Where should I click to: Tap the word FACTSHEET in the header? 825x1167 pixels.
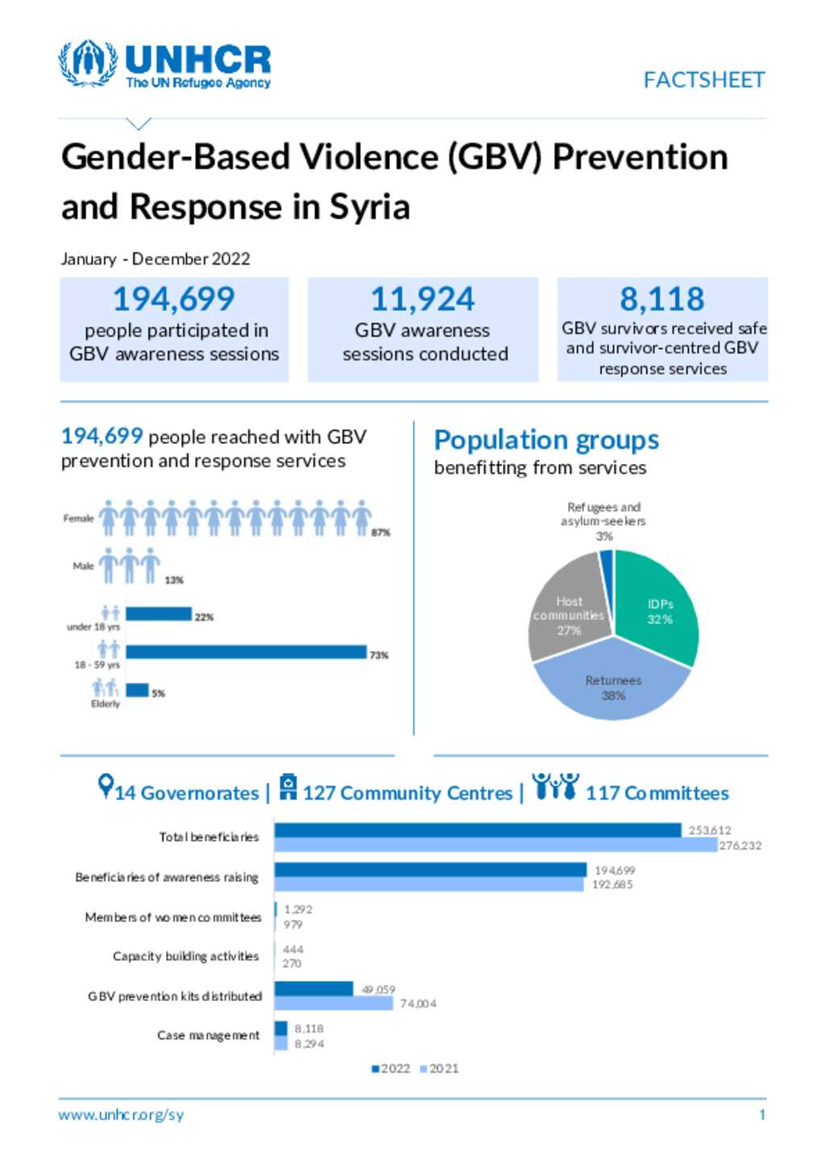(x=703, y=80)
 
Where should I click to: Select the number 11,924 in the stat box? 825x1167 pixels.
(x=422, y=300)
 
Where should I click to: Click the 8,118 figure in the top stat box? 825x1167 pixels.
(x=661, y=300)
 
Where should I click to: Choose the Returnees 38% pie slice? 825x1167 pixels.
(x=612, y=685)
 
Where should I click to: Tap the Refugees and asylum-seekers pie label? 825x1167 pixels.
(x=603, y=515)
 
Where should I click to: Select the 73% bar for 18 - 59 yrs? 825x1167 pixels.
(x=246, y=652)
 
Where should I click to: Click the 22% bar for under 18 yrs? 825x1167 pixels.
(x=158, y=615)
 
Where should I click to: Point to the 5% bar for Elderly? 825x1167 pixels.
(x=137, y=690)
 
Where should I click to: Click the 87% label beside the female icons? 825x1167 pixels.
(x=380, y=532)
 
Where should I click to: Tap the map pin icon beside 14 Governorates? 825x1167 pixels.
(x=105, y=785)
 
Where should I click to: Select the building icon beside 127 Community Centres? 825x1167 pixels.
(x=288, y=786)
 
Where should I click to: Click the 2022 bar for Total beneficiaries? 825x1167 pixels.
(x=477, y=830)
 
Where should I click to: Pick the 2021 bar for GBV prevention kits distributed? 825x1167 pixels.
(x=334, y=1004)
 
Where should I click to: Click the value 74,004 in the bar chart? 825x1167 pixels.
(x=418, y=1004)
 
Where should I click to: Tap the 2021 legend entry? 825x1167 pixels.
(x=439, y=1069)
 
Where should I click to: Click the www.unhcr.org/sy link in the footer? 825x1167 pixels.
(x=121, y=1115)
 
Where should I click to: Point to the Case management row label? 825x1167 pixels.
(x=208, y=1036)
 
